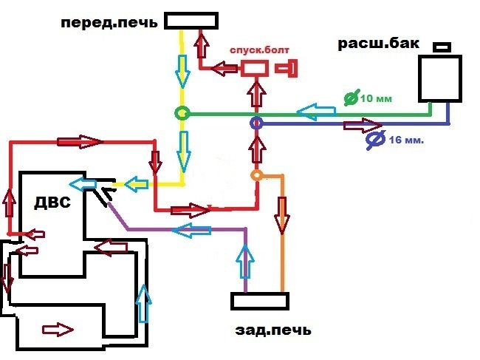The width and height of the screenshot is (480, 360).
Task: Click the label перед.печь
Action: coord(109,22)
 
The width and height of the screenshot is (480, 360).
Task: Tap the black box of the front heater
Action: coord(191,20)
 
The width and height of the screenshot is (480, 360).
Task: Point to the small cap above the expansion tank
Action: coord(442,47)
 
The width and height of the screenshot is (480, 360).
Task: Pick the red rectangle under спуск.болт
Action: coord(256,69)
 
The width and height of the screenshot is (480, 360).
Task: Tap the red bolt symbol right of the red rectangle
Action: coord(287,69)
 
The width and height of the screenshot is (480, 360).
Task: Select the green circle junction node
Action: coord(181,114)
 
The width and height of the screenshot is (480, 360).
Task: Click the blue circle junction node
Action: coord(256,123)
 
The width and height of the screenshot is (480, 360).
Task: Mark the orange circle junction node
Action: coord(256,175)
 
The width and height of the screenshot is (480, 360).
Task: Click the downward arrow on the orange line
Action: coord(282,214)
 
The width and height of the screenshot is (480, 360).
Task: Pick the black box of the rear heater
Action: coord(258,301)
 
